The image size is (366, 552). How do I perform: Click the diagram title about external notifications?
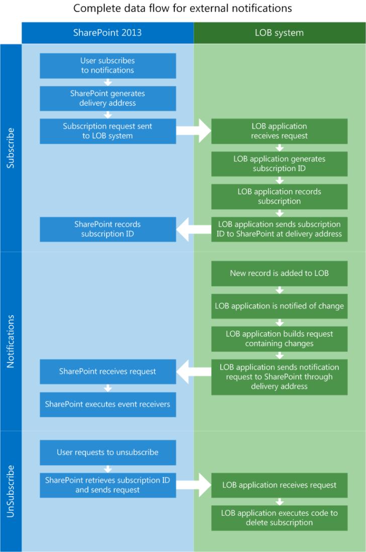pyautogui.click(x=182, y=9)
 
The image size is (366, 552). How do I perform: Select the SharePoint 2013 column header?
pyautogui.click(x=108, y=33)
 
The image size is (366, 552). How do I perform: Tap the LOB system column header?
pyautogui.click(x=279, y=33)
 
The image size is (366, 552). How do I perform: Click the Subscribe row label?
pyautogui.click(x=11, y=148)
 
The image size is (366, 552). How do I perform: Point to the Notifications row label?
pyautogui.click(x=11, y=341)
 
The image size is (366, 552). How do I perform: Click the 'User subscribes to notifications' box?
pyautogui.click(x=108, y=66)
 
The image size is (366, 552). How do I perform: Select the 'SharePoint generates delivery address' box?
pyautogui.click(x=108, y=99)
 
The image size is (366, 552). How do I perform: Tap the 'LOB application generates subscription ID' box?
pyautogui.click(x=279, y=164)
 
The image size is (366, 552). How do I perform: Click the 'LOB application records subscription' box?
pyautogui.click(x=279, y=197)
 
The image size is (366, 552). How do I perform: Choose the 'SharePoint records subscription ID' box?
pyautogui.click(x=108, y=229)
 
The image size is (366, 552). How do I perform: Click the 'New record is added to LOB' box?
pyautogui.click(x=279, y=274)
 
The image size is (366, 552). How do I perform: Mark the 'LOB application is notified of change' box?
pyautogui.click(x=279, y=306)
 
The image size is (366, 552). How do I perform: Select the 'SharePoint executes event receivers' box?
pyautogui.click(x=108, y=405)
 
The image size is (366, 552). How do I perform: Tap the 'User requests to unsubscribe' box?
pyautogui.click(x=108, y=452)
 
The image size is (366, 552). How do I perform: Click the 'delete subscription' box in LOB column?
pyautogui.click(x=279, y=518)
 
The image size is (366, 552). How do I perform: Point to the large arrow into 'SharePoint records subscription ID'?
pyautogui.click(x=194, y=229)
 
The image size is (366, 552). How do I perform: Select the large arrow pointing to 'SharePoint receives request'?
pyautogui.click(x=194, y=372)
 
